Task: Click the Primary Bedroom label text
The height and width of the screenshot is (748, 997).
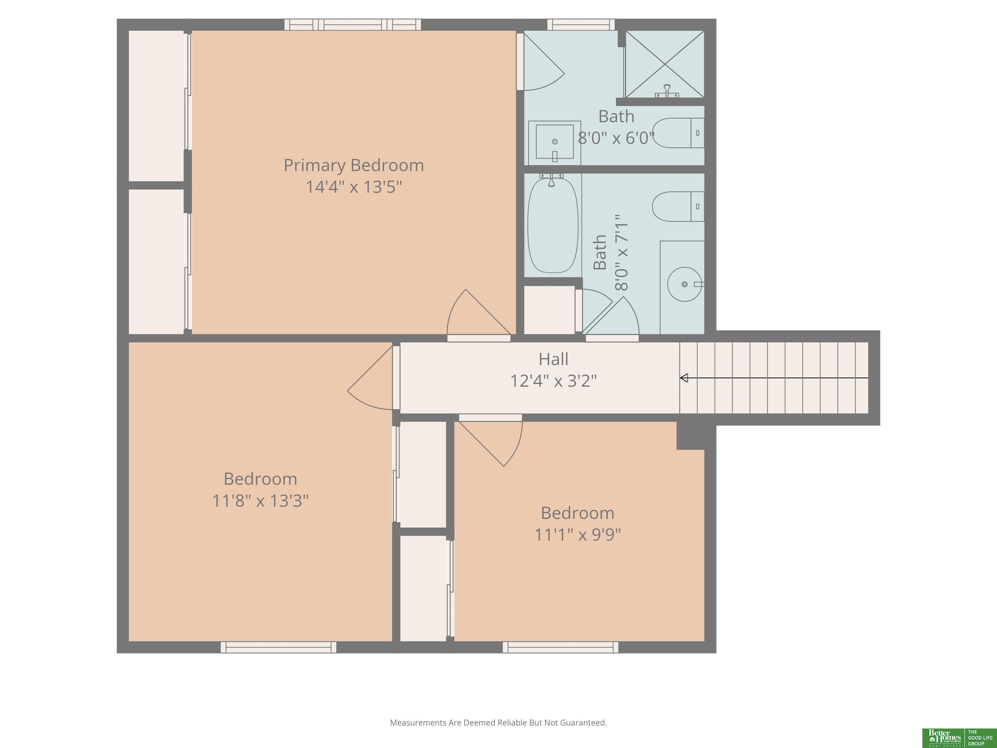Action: point(354,166)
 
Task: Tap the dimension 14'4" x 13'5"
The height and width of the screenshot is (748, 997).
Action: point(354,187)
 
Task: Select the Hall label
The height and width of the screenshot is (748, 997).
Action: point(553,359)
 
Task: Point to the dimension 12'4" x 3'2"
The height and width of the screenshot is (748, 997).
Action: point(553,381)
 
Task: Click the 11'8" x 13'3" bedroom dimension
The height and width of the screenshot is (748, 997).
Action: point(261,501)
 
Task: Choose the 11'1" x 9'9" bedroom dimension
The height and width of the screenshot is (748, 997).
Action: point(578,535)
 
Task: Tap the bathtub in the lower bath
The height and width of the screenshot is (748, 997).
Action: point(553,225)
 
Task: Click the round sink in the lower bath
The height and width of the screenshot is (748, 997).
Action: point(685,284)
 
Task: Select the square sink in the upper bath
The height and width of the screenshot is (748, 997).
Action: point(554,143)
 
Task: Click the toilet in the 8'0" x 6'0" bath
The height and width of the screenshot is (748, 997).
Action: point(678,133)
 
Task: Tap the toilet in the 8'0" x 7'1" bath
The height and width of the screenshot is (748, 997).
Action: point(678,206)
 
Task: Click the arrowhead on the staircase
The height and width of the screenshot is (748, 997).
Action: point(684,378)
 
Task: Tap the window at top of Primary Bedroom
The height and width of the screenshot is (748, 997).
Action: point(352,24)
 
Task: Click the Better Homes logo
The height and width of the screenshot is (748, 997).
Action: point(957,738)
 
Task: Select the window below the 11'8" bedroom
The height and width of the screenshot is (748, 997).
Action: point(278,647)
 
